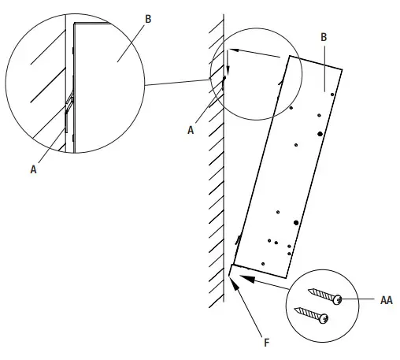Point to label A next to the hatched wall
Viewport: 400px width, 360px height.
pos(191,131)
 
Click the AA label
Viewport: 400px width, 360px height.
pos(386,299)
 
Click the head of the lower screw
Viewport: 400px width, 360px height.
pos(323,317)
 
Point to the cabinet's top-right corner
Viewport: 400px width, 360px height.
pos(342,69)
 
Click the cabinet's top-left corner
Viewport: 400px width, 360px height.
pos(292,57)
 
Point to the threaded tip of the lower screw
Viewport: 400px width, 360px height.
pos(294,308)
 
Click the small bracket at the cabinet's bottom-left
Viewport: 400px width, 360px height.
pos(232,271)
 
